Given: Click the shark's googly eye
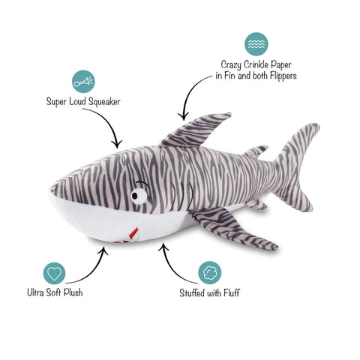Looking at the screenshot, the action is [139, 196].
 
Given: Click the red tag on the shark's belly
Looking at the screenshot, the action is [133, 233].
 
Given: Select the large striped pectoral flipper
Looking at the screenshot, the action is [230, 227].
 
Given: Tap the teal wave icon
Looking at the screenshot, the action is [256, 44].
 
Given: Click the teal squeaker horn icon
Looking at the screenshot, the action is [83, 82].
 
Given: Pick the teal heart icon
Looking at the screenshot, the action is [54, 273].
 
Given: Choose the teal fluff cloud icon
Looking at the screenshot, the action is [210, 273].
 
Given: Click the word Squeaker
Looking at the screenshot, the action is [104, 102].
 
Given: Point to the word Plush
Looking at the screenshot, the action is [73, 292].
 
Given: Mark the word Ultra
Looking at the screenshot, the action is [36, 292].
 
